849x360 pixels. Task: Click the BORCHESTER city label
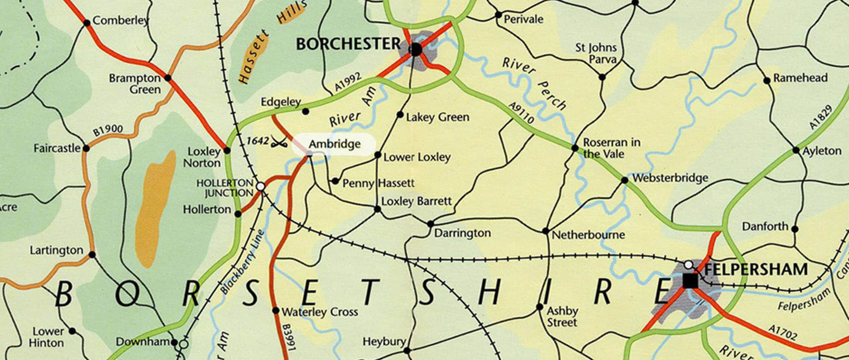tap(348, 44)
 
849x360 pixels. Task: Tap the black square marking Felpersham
tap(690, 281)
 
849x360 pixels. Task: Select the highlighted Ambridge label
tap(334, 144)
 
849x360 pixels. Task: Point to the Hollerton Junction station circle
tap(261, 187)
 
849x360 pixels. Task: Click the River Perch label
tap(533, 83)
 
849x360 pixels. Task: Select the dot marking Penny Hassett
tap(335, 181)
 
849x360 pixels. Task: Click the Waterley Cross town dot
tap(276, 311)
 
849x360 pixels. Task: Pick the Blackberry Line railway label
tap(243, 262)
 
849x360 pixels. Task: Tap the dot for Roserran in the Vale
tap(575, 148)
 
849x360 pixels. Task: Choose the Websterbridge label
tap(670, 178)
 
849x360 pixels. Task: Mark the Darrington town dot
tap(431, 224)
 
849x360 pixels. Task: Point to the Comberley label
tap(121, 21)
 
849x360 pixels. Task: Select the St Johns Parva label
tap(596, 53)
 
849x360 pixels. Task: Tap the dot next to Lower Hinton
tap(72, 331)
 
